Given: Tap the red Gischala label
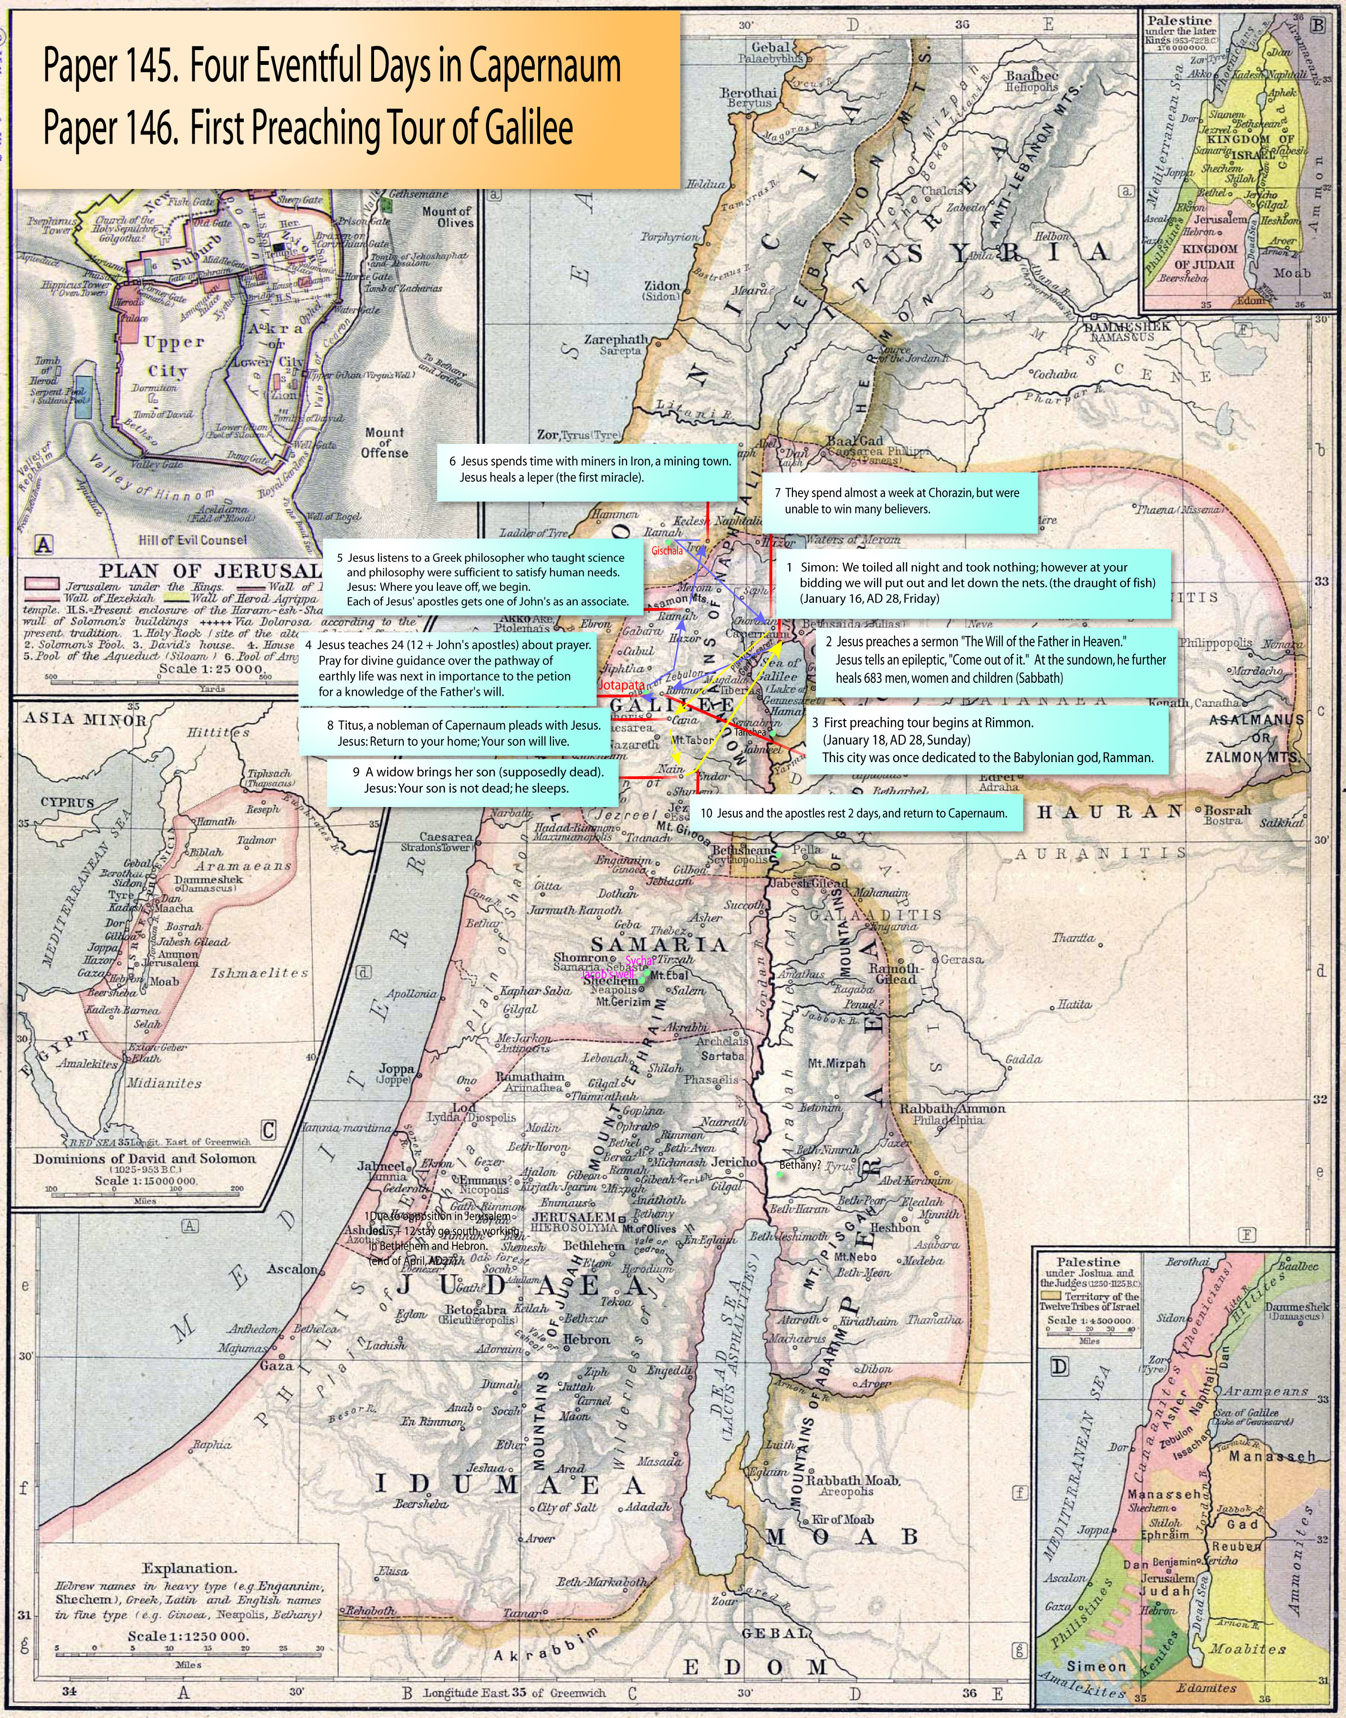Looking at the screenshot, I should [x=667, y=551].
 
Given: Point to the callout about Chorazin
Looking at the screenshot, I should [x=898, y=501].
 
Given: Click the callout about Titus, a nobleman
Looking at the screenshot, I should [x=456, y=733].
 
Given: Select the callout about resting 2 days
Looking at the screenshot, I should [x=855, y=813].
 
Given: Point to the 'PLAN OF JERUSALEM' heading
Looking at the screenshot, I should [x=209, y=571].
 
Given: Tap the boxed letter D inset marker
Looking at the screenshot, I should [x=1060, y=1366].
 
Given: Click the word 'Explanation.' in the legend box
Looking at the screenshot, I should [x=188, y=1568].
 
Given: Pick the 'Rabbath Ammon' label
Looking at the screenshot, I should [x=952, y=1108].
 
